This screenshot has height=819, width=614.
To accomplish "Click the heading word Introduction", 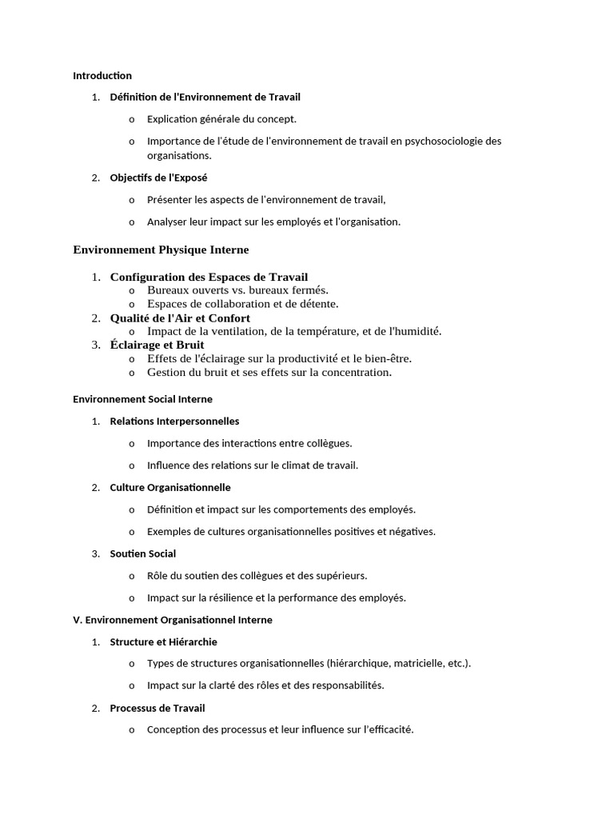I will (x=102, y=76).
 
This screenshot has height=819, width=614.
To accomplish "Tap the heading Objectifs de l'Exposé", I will (x=158, y=178).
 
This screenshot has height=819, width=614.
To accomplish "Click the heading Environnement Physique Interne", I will (x=161, y=250).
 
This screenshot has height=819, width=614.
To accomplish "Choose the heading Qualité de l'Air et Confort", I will (x=180, y=318).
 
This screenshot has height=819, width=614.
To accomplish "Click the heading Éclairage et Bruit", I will (x=157, y=346).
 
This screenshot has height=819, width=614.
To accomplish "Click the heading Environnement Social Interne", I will (x=142, y=399).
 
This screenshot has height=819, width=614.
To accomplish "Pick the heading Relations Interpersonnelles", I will (x=174, y=421).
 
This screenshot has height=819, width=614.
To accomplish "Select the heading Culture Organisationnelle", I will (x=170, y=488).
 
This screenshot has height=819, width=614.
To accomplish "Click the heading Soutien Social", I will (x=143, y=554).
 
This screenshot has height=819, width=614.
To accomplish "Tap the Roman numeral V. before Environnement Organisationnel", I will (x=78, y=621).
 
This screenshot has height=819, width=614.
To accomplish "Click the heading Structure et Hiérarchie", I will (x=163, y=642).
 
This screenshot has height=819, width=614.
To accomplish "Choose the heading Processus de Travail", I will (x=157, y=709).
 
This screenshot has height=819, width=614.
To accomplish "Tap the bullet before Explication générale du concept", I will (x=132, y=120).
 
